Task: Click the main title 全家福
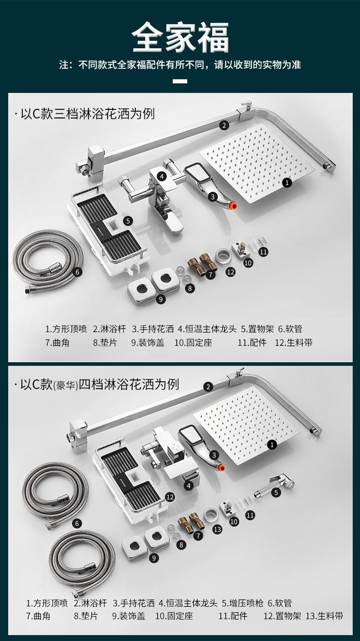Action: point(180,37)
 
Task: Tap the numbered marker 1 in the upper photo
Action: point(287,182)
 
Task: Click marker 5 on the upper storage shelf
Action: point(128,221)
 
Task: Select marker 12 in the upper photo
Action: point(231,272)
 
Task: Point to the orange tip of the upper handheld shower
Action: point(234,205)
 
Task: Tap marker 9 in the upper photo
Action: point(161,299)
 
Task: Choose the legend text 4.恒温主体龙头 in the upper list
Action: point(207,329)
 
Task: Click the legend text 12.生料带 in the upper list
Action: point(293,343)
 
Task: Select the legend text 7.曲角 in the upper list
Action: point(57,343)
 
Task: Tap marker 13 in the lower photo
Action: point(217,529)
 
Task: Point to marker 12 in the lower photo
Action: point(170,497)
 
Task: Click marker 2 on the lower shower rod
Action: point(208,387)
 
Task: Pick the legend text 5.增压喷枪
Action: point(242,603)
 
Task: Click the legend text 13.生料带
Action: point(324,616)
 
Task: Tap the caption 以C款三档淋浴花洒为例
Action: point(87,114)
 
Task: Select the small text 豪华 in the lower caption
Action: point(66,385)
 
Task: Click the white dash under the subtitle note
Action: point(180,81)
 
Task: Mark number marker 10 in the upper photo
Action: point(248,263)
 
